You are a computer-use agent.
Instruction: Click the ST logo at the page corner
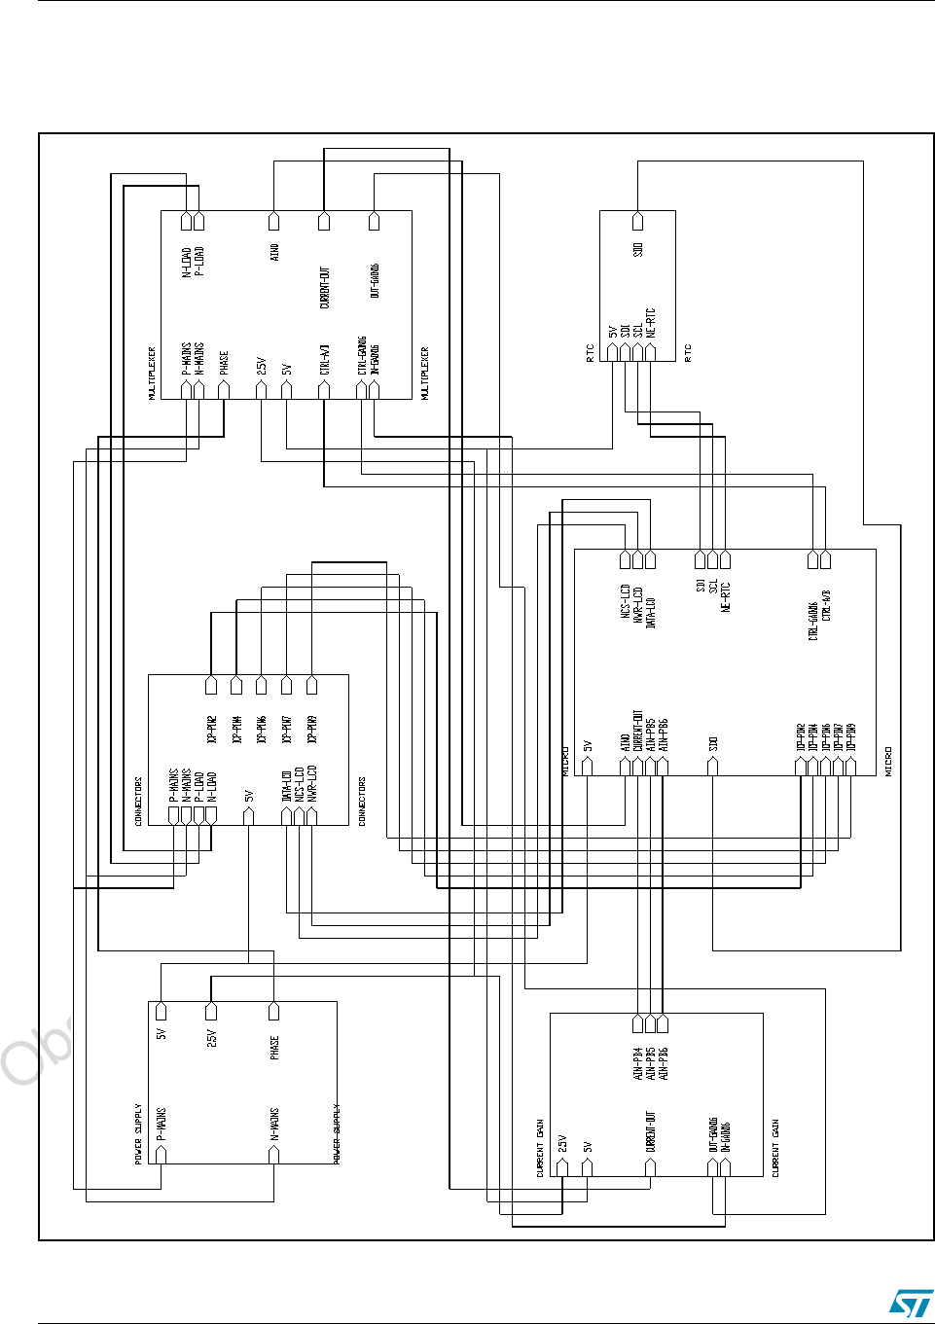(911, 1304)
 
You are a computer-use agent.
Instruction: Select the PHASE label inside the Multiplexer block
(224, 363)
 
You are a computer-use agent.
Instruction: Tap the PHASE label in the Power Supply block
(274, 1048)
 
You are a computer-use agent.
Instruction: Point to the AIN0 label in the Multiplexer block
(274, 252)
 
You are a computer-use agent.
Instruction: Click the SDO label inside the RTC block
(638, 250)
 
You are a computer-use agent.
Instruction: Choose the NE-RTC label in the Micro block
(726, 596)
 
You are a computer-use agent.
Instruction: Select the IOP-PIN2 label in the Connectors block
(211, 730)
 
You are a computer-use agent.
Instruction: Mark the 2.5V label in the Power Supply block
(211, 1038)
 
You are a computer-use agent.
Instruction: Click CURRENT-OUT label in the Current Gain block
(651, 1131)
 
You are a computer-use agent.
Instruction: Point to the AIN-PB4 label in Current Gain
(638, 1063)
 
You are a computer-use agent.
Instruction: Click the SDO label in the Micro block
(713, 743)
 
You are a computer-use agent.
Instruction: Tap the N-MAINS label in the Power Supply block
(274, 1124)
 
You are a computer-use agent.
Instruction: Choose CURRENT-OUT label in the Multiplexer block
(325, 288)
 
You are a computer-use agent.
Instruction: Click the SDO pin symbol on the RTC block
(638, 221)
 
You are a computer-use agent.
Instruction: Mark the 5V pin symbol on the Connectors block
(249, 816)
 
